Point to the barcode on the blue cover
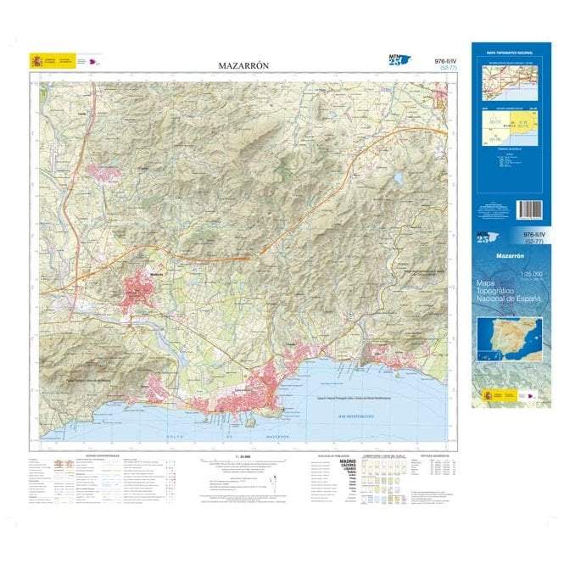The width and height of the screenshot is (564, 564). [x=528, y=209]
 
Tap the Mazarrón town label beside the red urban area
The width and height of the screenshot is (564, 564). [x=155, y=273]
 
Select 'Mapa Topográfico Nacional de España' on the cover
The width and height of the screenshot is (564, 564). [x=508, y=293]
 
